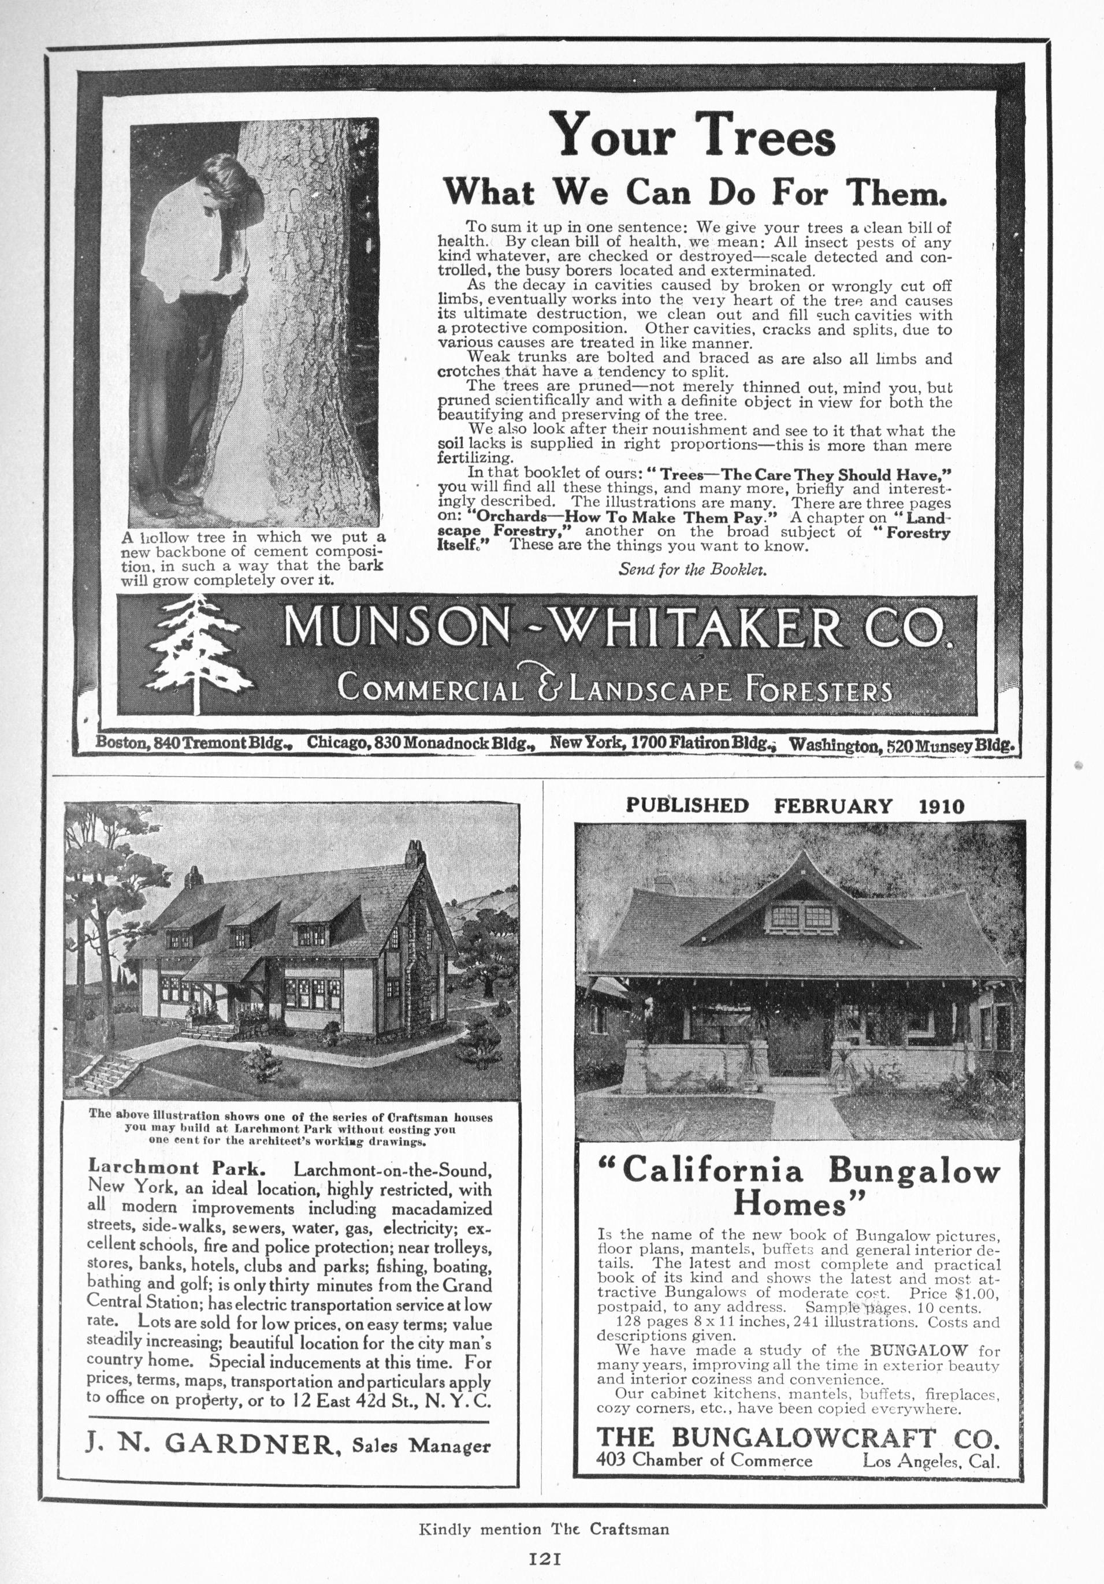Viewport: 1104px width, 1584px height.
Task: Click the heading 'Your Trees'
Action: [696, 135]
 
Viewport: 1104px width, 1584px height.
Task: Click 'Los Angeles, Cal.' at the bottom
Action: [931, 1460]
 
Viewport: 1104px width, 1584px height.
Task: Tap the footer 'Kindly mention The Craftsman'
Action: [544, 1524]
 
